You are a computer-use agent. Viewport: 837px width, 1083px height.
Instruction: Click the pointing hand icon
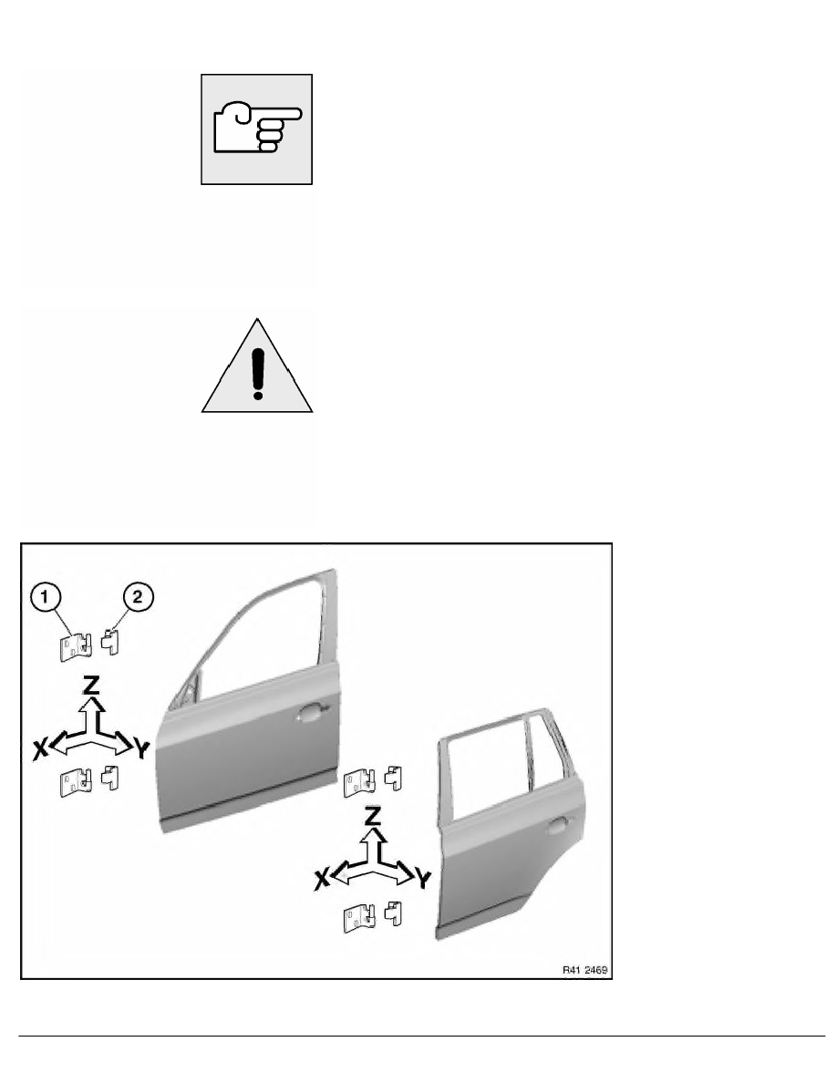point(257,129)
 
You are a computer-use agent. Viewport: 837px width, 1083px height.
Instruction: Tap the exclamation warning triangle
point(257,366)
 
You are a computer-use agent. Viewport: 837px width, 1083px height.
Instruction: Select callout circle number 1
point(46,596)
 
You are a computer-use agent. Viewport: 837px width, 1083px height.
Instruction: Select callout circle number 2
point(138,596)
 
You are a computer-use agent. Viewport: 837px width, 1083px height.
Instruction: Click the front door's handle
point(310,713)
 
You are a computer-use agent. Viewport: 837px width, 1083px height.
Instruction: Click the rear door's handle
point(560,825)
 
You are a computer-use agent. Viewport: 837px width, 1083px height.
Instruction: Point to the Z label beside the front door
point(91,685)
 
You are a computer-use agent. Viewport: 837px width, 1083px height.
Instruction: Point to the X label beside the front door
point(41,748)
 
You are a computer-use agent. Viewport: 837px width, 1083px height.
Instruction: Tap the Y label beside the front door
point(141,748)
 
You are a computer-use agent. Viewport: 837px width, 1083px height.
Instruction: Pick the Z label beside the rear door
point(373,816)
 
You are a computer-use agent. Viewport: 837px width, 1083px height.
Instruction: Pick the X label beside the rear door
point(322,879)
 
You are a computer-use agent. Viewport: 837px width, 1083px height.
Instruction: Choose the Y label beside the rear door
point(423,879)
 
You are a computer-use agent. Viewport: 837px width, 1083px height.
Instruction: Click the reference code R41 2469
point(585,970)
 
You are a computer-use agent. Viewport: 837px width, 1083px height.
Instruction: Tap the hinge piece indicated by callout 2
point(109,641)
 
